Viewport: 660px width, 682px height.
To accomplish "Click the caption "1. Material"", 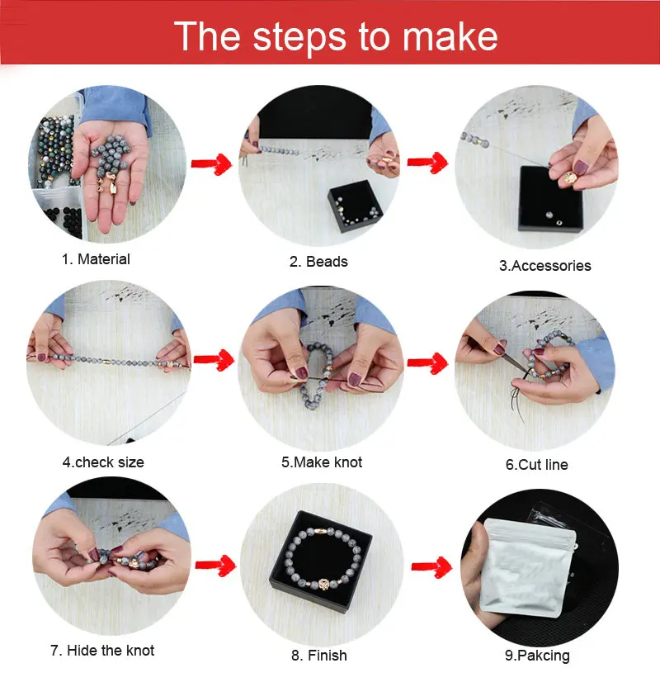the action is click(96, 259).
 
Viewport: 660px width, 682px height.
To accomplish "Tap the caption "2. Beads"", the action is click(318, 262).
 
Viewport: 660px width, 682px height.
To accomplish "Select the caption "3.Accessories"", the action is click(544, 266).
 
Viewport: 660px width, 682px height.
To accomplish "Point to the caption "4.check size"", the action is click(103, 462).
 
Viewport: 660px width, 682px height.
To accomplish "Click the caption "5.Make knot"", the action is click(322, 462).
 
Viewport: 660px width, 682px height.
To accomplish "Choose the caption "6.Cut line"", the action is click(536, 465).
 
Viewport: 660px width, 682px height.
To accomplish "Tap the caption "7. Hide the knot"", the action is click(102, 651).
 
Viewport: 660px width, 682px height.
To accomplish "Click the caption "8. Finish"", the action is click(319, 655).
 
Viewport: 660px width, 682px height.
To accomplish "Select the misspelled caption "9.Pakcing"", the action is click(537, 656).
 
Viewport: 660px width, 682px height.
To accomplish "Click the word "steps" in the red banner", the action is click(299, 37).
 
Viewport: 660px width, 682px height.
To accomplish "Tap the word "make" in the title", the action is click(450, 36).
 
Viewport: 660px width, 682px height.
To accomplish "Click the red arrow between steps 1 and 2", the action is click(211, 164).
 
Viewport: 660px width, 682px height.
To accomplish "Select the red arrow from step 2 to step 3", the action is click(427, 162).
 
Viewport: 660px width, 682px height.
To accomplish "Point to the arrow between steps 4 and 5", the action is click(214, 360).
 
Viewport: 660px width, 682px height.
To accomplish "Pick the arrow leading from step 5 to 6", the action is click(427, 362).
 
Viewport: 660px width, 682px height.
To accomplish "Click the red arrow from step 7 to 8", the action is click(216, 565).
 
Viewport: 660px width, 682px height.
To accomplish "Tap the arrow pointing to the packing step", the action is click(431, 566).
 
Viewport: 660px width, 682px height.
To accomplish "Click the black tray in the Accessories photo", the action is click(550, 199).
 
